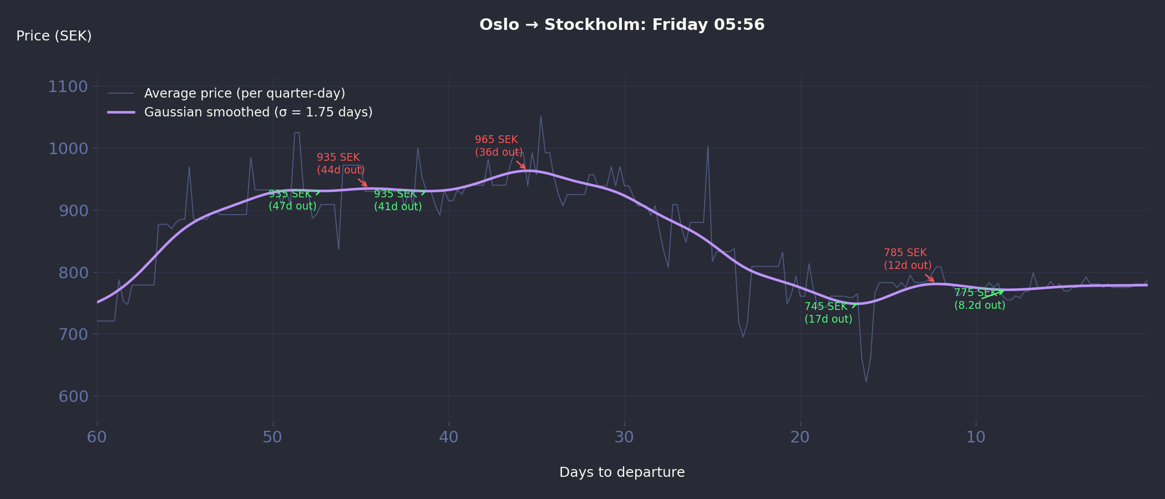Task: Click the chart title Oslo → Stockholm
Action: (622, 25)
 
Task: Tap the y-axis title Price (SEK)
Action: (54, 36)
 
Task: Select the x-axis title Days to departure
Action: (622, 472)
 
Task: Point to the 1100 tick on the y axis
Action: (68, 86)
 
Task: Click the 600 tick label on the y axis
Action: (73, 396)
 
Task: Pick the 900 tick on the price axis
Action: (73, 211)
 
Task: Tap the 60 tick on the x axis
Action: (97, 437)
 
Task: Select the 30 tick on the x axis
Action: (624, 437)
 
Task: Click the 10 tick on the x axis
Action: (976, 437)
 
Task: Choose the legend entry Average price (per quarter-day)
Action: (244, 93)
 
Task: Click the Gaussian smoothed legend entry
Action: (258, 112)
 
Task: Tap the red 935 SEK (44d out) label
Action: (341, 164)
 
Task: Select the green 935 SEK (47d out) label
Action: (292, 200)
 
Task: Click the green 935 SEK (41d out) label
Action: (398, 200)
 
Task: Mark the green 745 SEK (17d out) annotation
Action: (828, 313)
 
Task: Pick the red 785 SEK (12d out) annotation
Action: (908, 259)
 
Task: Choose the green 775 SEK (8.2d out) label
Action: (980, 299)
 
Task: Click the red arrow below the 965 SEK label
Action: (521, 165)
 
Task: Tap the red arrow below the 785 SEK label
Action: (929, 278)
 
